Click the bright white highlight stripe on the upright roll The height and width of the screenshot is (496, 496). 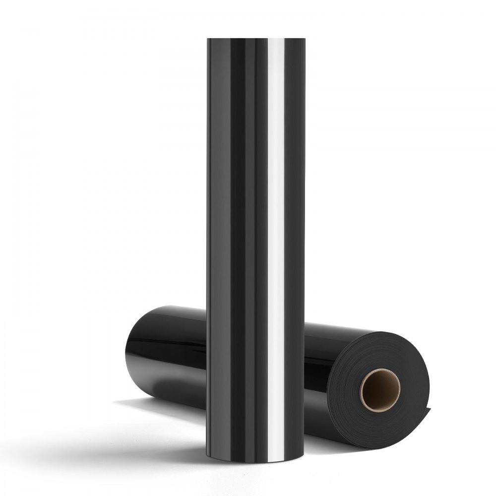coord(275,223)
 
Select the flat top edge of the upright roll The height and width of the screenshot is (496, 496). coord(255,39)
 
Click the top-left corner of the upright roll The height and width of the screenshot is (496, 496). coord(208,40)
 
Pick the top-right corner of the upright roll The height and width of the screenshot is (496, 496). coord(304,40)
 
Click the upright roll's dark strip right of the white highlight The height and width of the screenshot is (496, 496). coord(295,223)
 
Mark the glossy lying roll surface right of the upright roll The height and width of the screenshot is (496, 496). coord(322,357)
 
